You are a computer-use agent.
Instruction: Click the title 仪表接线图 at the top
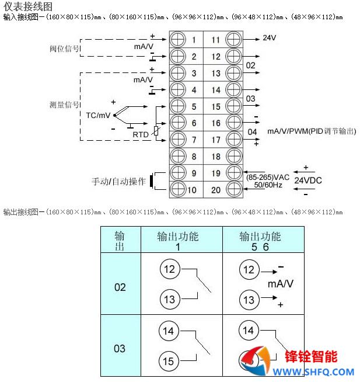point(27,6)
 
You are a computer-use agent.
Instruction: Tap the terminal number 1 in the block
point(194,40)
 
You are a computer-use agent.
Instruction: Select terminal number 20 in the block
point(216,189)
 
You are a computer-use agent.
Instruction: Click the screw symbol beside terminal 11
point(233,40)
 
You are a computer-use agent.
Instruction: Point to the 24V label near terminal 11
point(269,38)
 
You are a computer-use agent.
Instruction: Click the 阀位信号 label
point(65,48)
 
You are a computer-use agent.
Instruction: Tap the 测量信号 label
point(64,105)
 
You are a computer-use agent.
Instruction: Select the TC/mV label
point(97,114)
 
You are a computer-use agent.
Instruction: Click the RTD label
point(141,134)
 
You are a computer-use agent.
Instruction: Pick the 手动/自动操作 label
point(118,182)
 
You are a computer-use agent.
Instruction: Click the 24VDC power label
point(308,180)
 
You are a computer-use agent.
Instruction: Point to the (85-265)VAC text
point(267,177)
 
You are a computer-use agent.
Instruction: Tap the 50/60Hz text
point(268,185)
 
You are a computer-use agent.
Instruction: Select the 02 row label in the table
point(120,287)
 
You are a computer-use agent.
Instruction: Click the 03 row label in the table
point(120,349)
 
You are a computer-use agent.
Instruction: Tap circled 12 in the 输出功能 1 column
point(169,269)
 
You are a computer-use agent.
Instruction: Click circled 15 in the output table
point(169,362)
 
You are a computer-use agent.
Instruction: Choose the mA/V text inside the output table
point(281,284)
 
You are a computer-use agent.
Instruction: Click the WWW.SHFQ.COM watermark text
point(311,371)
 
